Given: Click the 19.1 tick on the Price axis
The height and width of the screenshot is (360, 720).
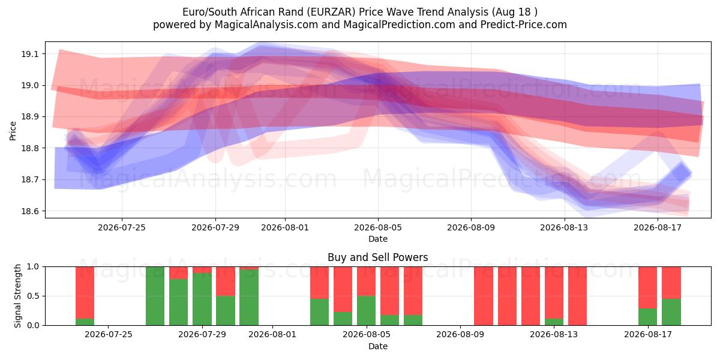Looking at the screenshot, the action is [29, 54].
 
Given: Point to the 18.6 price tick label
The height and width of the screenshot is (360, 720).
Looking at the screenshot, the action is [29, 211].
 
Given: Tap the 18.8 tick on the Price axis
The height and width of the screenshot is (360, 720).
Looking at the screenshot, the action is [29, 148].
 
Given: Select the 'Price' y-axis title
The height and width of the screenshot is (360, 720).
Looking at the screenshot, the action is [13, 131].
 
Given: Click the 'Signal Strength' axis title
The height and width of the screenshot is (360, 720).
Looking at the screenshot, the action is [17, 296].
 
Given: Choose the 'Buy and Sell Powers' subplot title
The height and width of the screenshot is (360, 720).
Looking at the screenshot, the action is [377, 257].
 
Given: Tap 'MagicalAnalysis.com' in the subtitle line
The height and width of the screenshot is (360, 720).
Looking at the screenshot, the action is [266, 25].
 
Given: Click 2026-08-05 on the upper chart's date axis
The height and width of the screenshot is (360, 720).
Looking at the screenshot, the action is [378, 227].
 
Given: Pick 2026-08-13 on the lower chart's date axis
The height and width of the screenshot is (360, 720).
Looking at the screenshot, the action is [553, 335].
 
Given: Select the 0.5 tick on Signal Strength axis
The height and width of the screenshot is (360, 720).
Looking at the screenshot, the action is [34, 296].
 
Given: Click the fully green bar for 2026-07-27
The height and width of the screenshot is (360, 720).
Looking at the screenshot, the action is [155, 296].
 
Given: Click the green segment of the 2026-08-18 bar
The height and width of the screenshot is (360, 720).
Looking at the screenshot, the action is [671, 312].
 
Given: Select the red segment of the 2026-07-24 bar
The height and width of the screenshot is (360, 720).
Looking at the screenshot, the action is [85, 293].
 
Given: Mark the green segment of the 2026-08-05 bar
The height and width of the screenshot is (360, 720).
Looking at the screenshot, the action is [366, 311].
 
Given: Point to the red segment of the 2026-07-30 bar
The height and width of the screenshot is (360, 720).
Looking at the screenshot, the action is [226, 281].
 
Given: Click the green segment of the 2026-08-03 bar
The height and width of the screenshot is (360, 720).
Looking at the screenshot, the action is [319, 312].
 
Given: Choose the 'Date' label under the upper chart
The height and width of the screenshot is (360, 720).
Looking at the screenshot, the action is [377, 239].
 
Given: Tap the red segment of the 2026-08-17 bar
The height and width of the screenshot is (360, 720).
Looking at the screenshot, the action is [647, 287].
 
